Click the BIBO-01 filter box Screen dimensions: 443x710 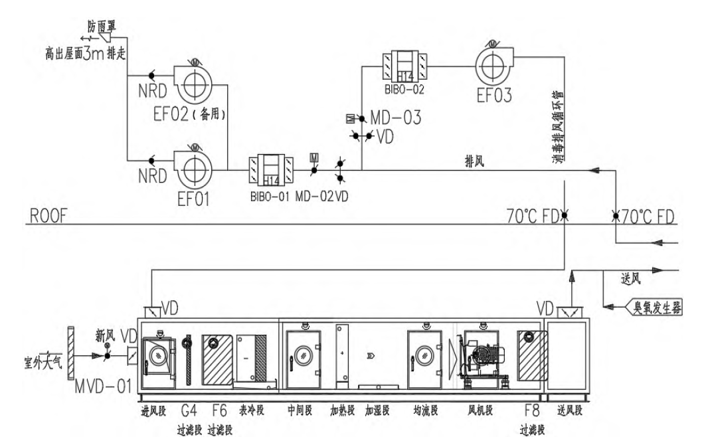[x=271, y=170]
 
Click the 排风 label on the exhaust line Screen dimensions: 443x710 [x=472, y=162]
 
